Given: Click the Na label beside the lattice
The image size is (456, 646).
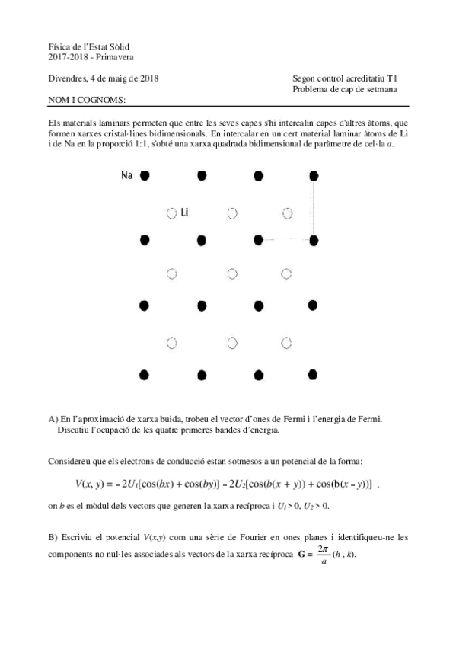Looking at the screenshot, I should click(x=127, y=175).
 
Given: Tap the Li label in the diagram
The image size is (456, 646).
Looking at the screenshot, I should click(x=184, y=213).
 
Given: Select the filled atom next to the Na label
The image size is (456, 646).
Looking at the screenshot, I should click(x=145, y=176).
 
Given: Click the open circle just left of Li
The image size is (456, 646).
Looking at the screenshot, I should click(x=172, y=213).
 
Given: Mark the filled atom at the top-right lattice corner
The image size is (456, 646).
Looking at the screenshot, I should click(x=314, y=176).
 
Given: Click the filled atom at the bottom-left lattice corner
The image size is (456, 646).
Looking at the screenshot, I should click(x=145, y=374).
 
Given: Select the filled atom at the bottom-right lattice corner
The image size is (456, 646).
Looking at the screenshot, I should click(x=314, y=374).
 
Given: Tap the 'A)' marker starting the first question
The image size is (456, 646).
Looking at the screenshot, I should click(x=53, y=419).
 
